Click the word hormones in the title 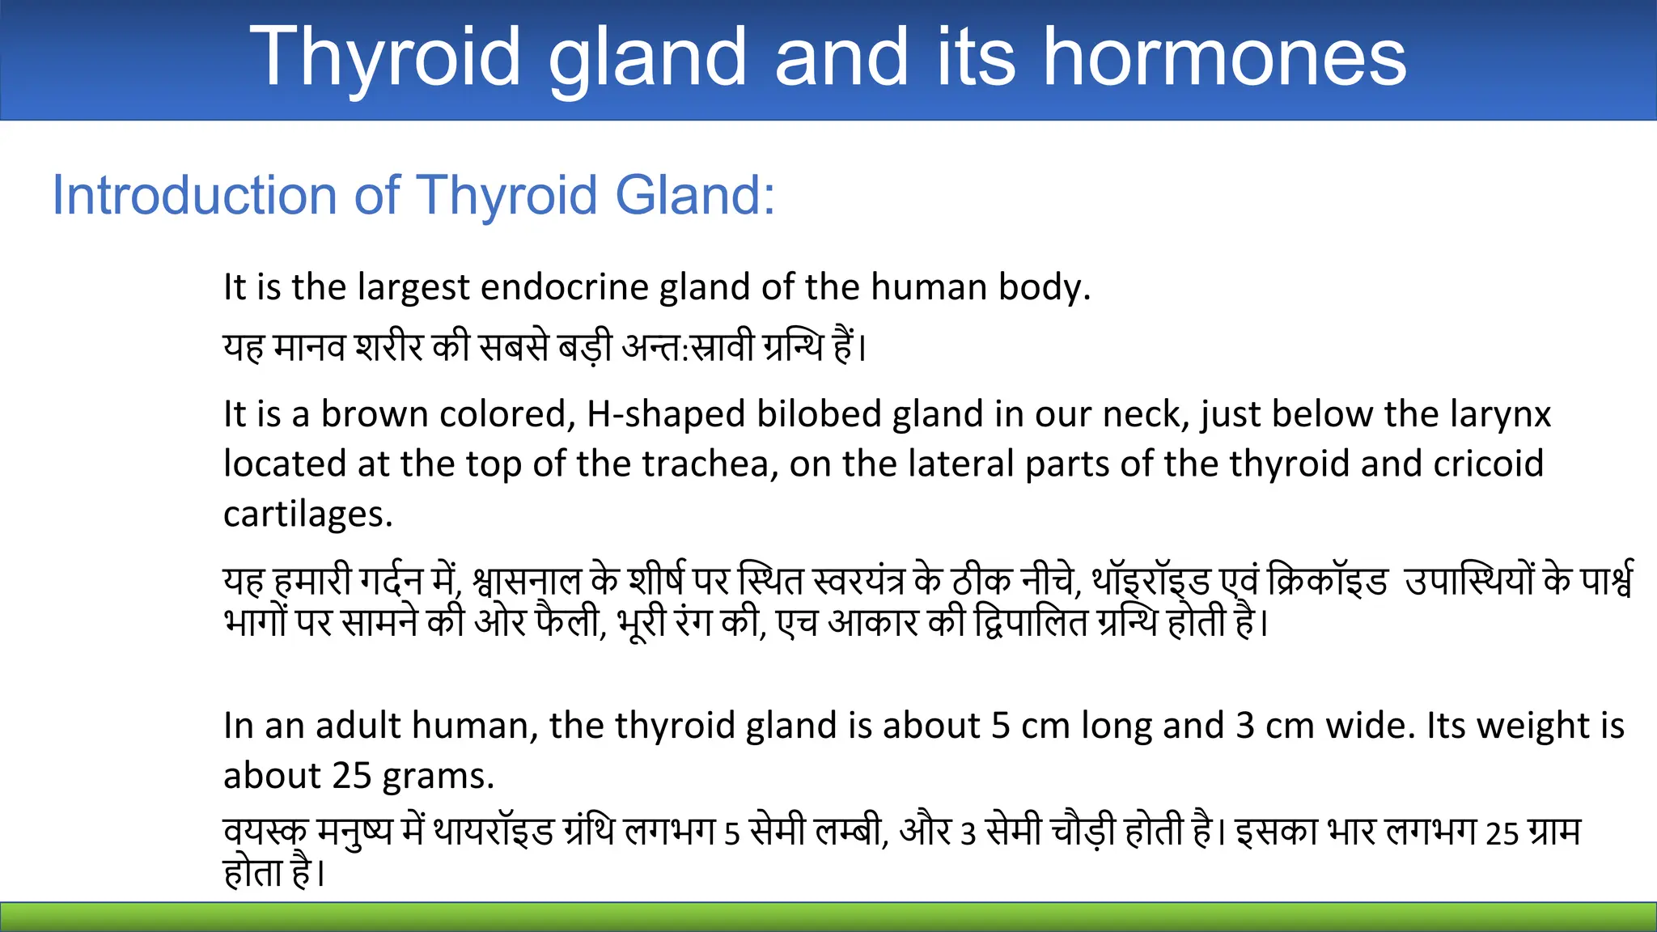pos(1225,57)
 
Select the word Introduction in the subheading pos(194,196)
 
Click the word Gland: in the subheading pos(694,196)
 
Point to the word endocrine pos(565,287)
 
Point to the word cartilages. pos(307,515)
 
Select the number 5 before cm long pos(1000,726)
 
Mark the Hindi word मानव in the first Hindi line pos(309,348)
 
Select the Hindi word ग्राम pos(1554,832)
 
